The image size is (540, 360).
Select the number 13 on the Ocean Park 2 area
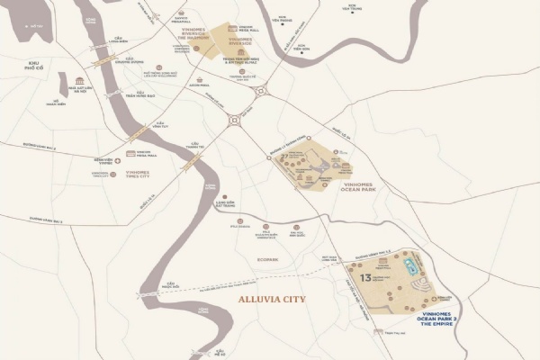point(365,278)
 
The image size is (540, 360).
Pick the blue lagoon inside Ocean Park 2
point(411,265)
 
